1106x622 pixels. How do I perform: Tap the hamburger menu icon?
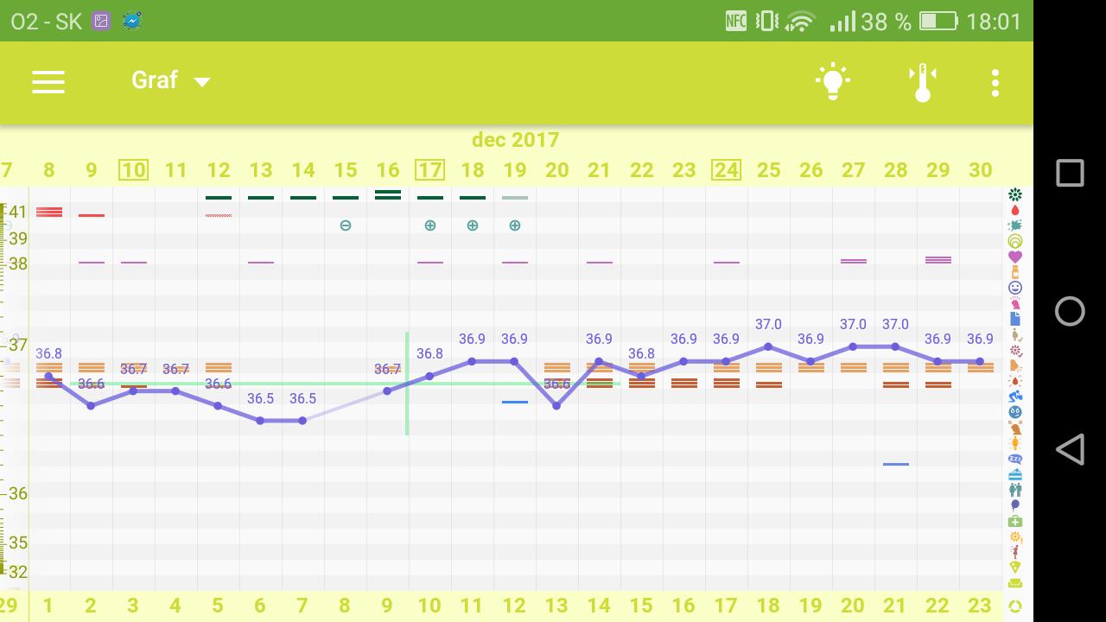(x=48, y=81)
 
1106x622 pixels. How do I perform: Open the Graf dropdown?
(x=170, y=80)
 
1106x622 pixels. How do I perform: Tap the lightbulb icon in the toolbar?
(x=832, y=82)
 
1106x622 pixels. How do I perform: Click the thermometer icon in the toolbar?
(x=923, y=82)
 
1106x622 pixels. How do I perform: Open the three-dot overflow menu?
(x=995, y=82)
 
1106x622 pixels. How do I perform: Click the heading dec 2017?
(x=515, y=140)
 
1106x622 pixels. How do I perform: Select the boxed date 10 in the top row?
(x=133, y=170)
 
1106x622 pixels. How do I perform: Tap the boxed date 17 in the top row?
(x=429, y=170)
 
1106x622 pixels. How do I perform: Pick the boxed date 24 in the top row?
(x=726, y=170)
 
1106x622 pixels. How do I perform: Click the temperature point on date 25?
(x=768, y=346)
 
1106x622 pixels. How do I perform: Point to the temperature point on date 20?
(x=556, y=405)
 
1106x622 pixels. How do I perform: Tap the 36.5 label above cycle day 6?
(x=260, y=398)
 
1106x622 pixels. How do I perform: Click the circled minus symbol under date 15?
(x=346, y=225)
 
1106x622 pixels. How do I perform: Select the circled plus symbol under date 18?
(x=473, y=225)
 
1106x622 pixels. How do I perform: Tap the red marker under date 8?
(x=49, y=212)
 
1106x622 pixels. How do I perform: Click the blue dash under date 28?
(x=896, y=464)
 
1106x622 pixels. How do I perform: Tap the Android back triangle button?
(x=1070, y=450)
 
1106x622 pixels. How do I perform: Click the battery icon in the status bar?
(x=938, y=22)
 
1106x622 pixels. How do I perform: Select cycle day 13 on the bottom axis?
(x=556, y=606)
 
